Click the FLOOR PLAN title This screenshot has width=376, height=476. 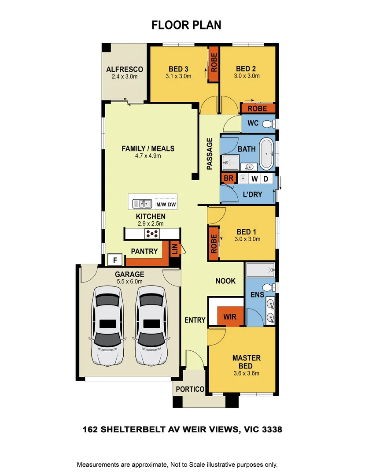coord(186,25)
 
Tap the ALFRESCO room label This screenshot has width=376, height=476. coord(125,70)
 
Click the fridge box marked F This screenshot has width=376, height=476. coord(115,260)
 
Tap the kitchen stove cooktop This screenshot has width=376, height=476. coord(152,234)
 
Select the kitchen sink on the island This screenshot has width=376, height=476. coord(141,204)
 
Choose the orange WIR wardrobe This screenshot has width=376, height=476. coord(230,317)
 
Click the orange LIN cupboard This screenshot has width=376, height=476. coord(174,250)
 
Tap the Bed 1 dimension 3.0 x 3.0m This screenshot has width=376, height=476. coord(247,239)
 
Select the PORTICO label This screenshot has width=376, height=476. coord(190,389)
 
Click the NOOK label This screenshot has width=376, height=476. coord(225,281)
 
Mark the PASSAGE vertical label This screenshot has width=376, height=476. coord(210,154)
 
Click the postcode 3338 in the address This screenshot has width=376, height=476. coord(271,429)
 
